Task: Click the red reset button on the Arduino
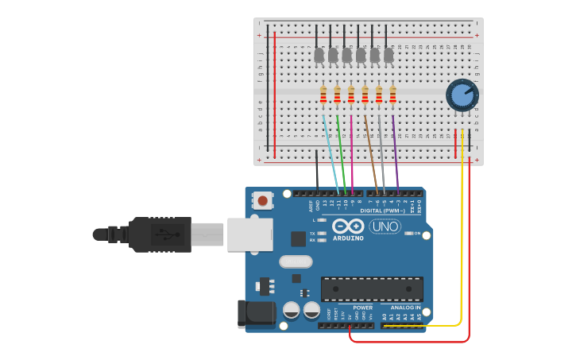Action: (x=262, y=201)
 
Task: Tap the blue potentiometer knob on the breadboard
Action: (x=461, y=95)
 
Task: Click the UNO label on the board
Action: (x=385, y=226)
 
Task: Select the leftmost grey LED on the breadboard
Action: (x=319, y=55)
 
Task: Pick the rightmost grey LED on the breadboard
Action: (x=389, y=55)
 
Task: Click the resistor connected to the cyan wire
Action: (x=323, y=95)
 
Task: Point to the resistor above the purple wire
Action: (x=392, y=95)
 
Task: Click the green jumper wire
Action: (x=342, y=151)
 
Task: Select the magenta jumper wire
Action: (x=352, y=155)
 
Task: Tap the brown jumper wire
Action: (x=371, y=155)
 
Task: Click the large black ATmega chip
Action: (x=372, y=288)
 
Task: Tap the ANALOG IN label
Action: (x=405, y=307)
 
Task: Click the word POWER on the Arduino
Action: (x=362, y=307)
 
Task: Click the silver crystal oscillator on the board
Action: (x=296, y=261)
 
